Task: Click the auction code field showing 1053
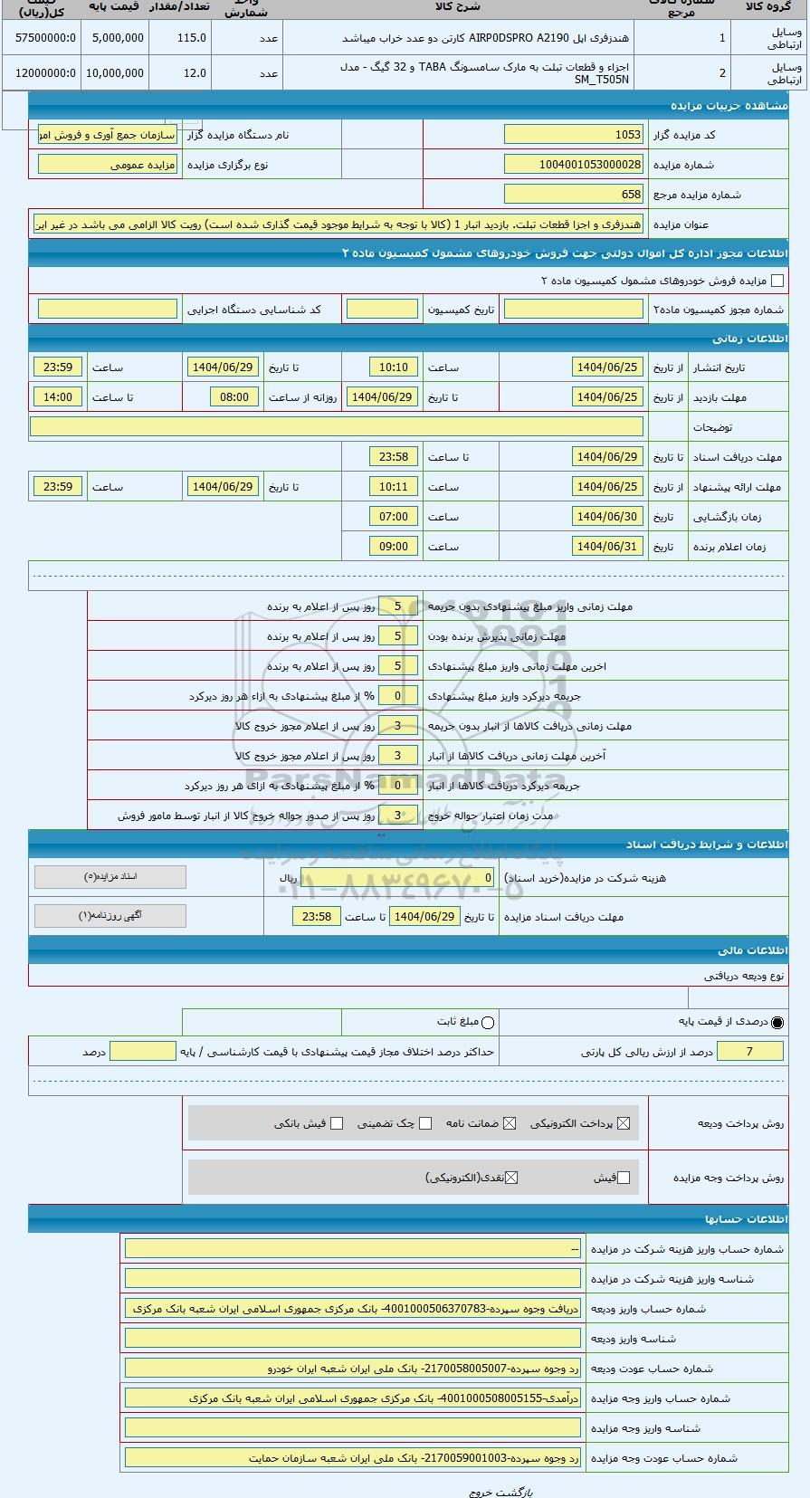[x=573, y=135]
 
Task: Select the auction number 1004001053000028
[x=573, y=165]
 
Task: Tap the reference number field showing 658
[x=573, y=195]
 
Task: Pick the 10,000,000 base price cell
[x=116, y=73]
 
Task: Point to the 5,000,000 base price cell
[x=116, y=38]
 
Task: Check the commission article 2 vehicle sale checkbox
[x=777, y=281]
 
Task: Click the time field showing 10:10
[x=394, y=367]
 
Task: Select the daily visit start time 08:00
[x=234, y=397]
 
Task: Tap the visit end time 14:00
[x=58, y=397]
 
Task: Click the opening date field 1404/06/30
[x=607, y=517]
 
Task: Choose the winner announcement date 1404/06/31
[x=607, y=547]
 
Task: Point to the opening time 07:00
[x=394, y=517]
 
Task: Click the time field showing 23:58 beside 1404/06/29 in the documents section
[x=317, y=917]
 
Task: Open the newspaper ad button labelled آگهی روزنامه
[x=110, y=916]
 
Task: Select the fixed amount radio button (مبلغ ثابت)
[x=489, y=1023]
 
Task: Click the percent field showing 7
[x=749, y=1051]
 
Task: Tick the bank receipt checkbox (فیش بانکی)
[x=337, y=1123]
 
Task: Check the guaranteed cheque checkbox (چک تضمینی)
[x=425, y=1123]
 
